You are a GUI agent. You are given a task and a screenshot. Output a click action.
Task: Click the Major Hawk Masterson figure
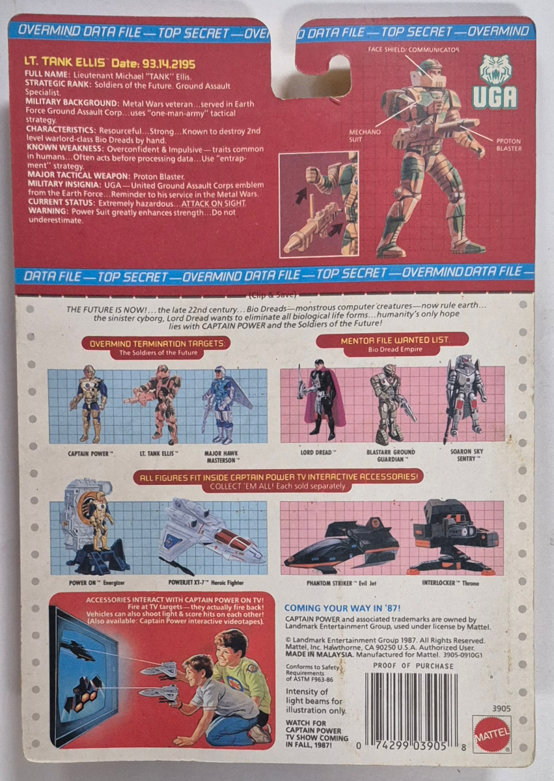[x=227, y=404]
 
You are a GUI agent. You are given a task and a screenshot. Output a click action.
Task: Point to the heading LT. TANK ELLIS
[x=65, y=62]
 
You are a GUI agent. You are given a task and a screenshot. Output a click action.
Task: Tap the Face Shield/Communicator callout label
[x=413, y=50]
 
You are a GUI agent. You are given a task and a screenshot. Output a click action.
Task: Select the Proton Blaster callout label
[x=508, y=144]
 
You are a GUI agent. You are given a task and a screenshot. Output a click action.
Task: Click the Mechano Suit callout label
[x=365, y=135]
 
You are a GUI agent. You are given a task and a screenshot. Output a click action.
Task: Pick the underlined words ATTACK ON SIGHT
[x=214, y=204]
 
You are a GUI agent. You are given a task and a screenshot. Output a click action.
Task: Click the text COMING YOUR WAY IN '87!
[x=342, y=609]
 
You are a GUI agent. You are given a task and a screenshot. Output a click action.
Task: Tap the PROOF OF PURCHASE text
[x=413, y=666]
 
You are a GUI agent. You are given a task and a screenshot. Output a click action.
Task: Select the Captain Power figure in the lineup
[x=88, y=404]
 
